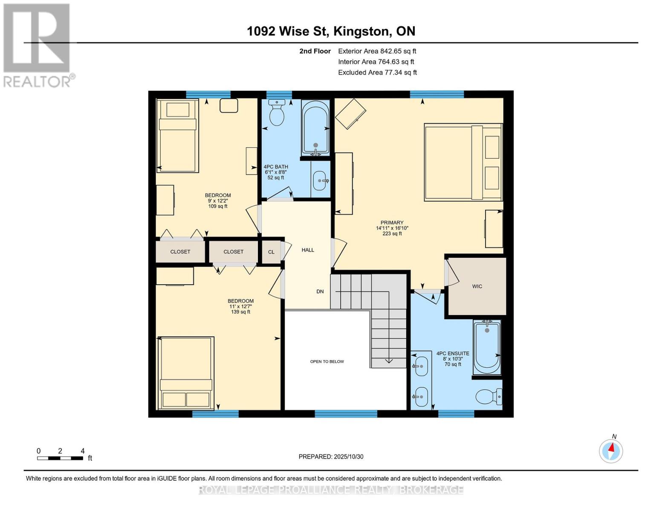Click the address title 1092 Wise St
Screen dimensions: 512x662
(331, 31)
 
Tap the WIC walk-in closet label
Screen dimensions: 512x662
(477, 286)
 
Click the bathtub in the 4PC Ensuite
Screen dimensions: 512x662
(487, 347)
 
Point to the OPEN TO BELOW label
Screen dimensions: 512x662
(327, 361)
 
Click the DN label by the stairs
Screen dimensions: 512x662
(320, 291)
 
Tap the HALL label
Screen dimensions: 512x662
(308, 250)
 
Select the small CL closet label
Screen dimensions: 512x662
(271, 252)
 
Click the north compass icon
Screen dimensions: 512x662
(611, 451)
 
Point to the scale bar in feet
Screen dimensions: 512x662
(61, 458)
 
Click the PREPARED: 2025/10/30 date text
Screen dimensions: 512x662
(331, 457)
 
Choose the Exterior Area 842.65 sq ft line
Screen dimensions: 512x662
(377, 51)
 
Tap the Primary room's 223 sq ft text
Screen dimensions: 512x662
(392, 233)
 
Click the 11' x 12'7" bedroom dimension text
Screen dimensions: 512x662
(240, 306)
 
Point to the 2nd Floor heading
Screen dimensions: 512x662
(315, 51)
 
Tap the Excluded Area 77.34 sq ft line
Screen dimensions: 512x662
(377, 73)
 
